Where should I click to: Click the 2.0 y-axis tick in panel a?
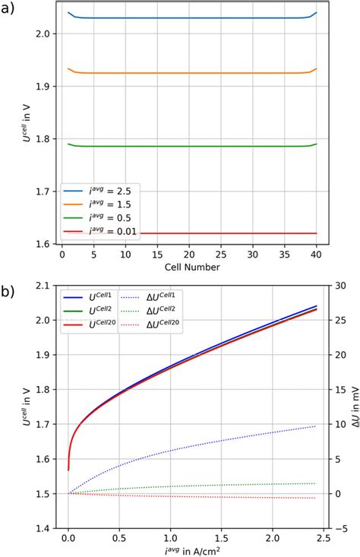tap(47, 34)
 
